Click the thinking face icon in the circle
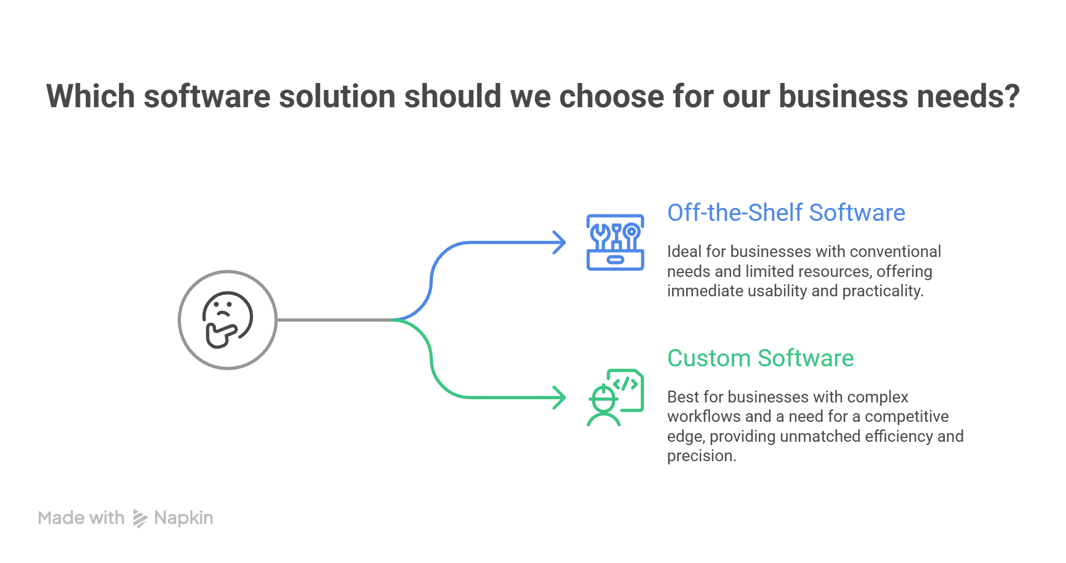click(227, 320)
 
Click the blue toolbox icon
click(615, 242)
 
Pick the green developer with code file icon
click(615, 398)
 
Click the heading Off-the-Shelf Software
click(786, 213)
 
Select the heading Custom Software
click(760, 358)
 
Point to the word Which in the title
click(90, 96)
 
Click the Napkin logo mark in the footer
click(139, 518)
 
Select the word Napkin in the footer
click(184, 518)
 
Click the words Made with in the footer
click(81, 518)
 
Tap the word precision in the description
click(700, 456)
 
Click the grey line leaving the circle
click(334, 320)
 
